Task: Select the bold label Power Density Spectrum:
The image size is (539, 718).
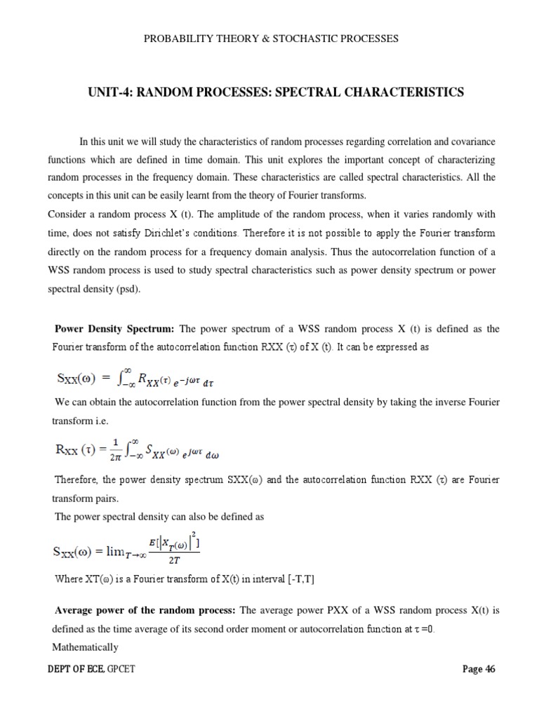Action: point(116,328)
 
